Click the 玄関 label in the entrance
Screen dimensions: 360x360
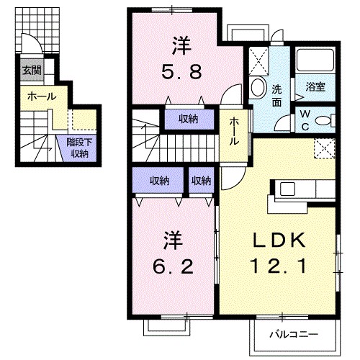click(x=31, y=71)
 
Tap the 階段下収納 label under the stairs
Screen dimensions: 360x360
click(x=78, y=148)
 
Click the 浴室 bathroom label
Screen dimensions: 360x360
click(x=315, y=88)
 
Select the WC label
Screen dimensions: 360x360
click(x=305, y=119)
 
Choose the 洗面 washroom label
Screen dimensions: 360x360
click(x=277, y=95)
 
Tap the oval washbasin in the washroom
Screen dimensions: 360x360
click(x=258, y=89)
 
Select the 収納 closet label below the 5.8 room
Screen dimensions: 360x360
click(x=189, y=119)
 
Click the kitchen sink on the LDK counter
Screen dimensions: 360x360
click(x=287, y=189)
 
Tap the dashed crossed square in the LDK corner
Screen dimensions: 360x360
click(x=325, y=149)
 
